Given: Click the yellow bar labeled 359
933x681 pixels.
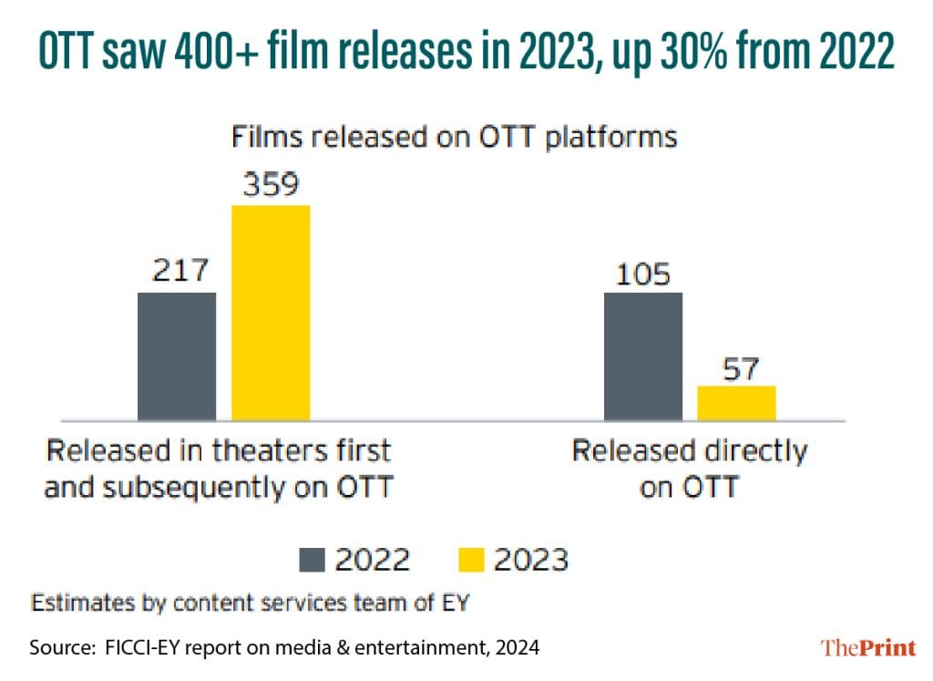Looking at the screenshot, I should click(271, 313).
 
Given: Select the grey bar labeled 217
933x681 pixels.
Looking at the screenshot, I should click(177, 356).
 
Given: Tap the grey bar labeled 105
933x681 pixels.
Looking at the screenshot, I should click(643, 356).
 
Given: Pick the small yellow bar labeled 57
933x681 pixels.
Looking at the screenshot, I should click(736, 403).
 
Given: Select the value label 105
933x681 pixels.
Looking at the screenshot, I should click(643, 273).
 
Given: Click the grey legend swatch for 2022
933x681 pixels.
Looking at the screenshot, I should click(312, 560).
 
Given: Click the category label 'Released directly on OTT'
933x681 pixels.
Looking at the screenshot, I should click(689, 469).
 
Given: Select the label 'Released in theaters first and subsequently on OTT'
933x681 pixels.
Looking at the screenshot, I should click(219, 469).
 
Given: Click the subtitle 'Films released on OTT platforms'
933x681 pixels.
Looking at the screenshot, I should click(454, 137).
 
